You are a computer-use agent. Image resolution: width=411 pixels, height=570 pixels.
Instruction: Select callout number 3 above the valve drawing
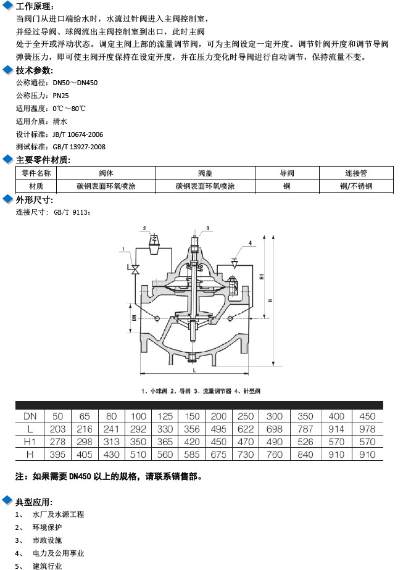click(x=207, y=228)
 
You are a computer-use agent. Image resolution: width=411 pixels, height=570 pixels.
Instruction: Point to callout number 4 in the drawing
click(x=251, y=244)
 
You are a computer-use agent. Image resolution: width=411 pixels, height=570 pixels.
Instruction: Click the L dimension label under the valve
click(x=193, y=371)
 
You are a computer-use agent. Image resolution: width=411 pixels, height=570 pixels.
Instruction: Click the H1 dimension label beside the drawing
click(x=262, y=278)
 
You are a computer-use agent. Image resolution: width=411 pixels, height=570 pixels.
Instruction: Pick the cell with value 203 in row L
click(x=58, y=429)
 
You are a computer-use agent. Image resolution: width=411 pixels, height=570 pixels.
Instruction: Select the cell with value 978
click(x=367, y=429)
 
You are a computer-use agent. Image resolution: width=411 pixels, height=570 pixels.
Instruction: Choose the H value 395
click(x=58, y=454)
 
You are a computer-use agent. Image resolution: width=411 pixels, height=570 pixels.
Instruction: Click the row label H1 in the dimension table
click(x=30, y=442)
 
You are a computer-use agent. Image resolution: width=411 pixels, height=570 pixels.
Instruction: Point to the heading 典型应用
click(x=34, y=502)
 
